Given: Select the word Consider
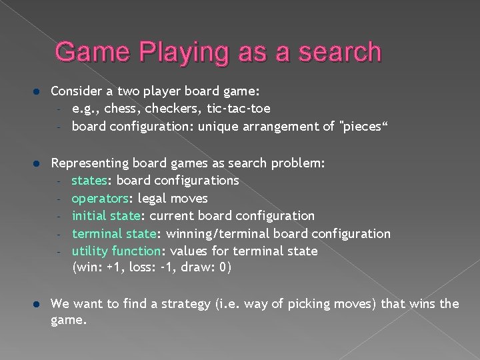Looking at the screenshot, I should [75, 90].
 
